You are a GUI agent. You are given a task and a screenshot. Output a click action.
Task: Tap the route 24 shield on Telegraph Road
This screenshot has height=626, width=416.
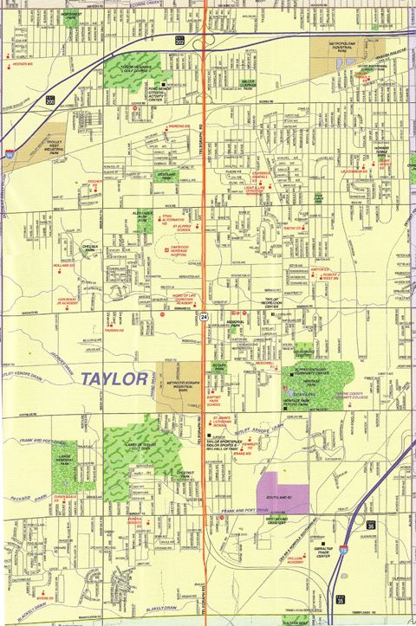(204, 319)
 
